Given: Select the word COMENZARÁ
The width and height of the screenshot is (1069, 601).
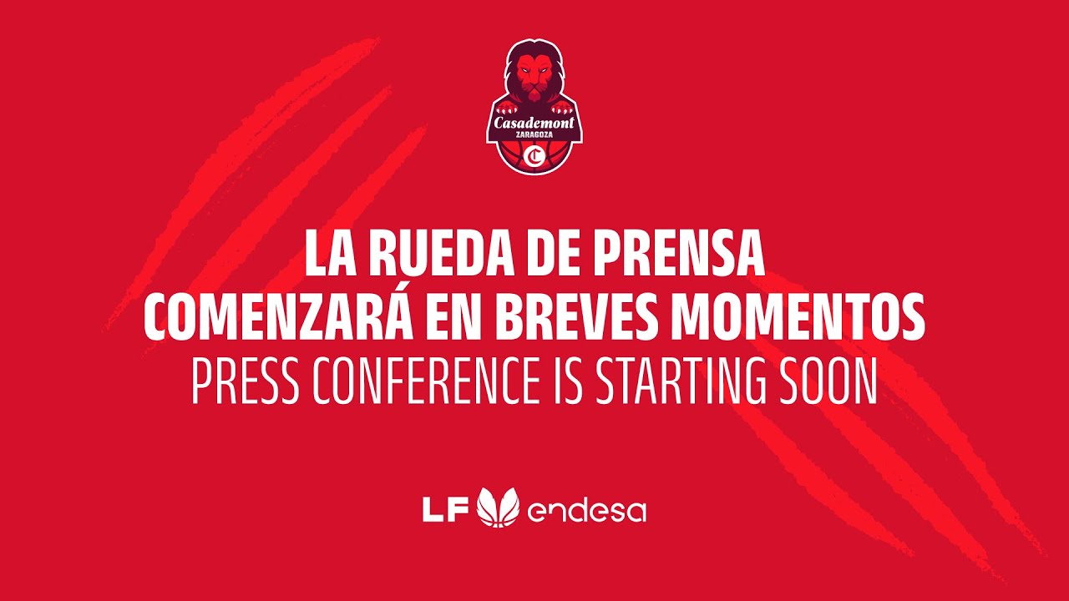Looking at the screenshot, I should tap(278, 317).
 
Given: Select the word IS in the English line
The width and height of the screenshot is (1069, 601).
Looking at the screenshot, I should tap(569, 382).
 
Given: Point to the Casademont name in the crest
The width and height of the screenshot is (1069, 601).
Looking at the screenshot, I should tap(534, 122).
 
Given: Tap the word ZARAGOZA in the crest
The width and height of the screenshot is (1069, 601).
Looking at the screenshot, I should tap(534, 135).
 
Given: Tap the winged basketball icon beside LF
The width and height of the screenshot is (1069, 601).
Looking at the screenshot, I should tap(498, 508).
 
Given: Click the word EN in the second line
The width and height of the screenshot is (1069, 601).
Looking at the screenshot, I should tap(470, 317).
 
